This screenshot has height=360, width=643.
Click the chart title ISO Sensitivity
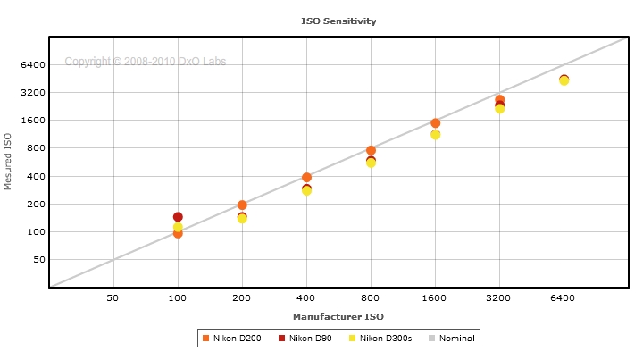pyautogui.click(x=338, y=20)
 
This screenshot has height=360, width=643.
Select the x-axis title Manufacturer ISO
pyautogui.click(x=338, y=316)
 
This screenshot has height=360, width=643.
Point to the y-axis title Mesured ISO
pyautogui.click(x=9, y=162)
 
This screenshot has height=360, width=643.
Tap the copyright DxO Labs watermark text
pyautogui.click(x=145, y=62)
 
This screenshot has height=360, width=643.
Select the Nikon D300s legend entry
pyautogui.click(x=380, y=338)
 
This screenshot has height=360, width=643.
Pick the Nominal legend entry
pyautogui.click(x=452, y=338)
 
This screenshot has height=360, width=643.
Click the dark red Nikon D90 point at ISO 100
pyautogui.click(x=178, y=217)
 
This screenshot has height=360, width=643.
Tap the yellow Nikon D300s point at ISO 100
pyautogui.click(x=178, y=228)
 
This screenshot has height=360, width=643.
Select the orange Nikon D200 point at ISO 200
pyautogui.click(x=242, y=205)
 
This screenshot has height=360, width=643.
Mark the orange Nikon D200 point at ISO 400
pyautogui.click(x=306, y=177)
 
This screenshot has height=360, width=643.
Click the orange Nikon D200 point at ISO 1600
pyautogui.click(x=435, y=123)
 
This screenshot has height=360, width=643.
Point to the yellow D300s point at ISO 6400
pyautogui.click(x=564, y=81)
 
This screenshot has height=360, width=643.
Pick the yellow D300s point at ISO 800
pyautogui.click(x=371, y=163)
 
